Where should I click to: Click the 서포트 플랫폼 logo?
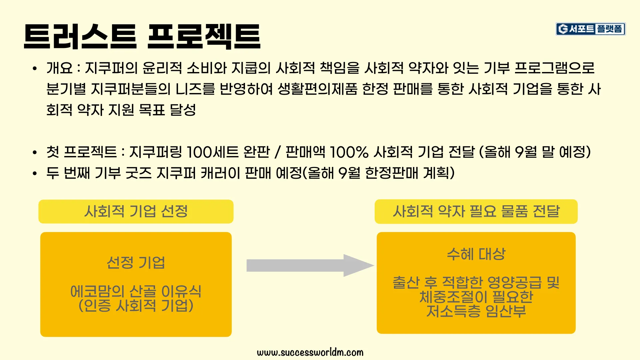[x=590, y=29]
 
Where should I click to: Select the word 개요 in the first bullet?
[x=59, y=68]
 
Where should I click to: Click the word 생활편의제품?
[x=317, y=89]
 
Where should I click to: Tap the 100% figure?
[x=349, y=152]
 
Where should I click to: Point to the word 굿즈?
[x=139, y=173]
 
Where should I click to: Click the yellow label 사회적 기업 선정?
[x=136, y=211]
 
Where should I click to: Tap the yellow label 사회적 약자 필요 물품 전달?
[x=476, y=211]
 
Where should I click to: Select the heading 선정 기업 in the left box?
[x=136, y=263]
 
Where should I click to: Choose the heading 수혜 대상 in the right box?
[x=476, y=254]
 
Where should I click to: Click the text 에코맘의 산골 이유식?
[x=136, y=291]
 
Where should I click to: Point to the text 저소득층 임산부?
[x=476, y=311]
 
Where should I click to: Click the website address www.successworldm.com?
[x=310, y=352]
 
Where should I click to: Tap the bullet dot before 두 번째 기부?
[x=35, y=173]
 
